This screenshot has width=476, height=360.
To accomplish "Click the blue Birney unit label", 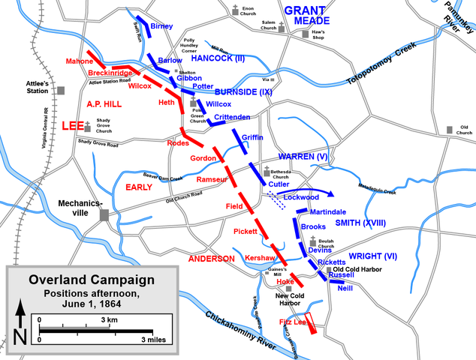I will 161,26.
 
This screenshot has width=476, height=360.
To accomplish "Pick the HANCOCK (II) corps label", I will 218,58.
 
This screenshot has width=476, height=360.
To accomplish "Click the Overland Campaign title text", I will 92,280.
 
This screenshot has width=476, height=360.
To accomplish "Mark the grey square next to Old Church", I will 449,130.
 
